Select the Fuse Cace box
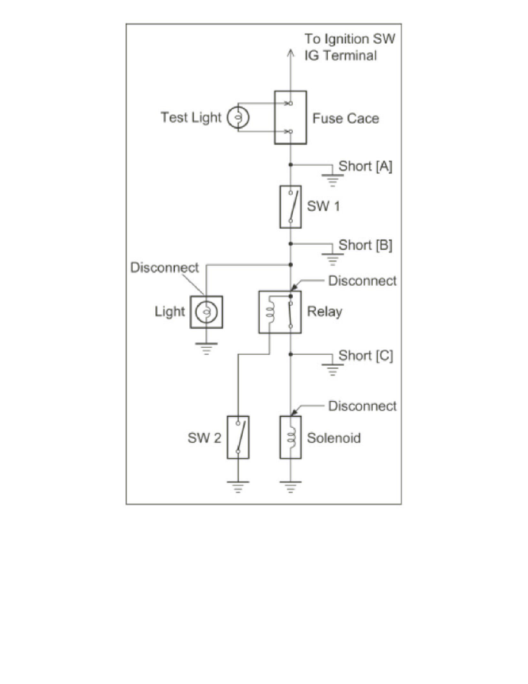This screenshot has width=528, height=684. (290, 118)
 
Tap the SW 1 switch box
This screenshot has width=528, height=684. (290, 207)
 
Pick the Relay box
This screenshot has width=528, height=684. (280, 312)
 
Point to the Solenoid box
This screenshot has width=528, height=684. (290, 437)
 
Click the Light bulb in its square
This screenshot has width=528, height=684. (206, 312)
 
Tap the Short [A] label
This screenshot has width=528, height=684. (365, 166)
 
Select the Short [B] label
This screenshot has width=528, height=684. (365, 245)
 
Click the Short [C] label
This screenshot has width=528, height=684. (366, 356)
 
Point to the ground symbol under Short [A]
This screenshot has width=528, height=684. (332, 179)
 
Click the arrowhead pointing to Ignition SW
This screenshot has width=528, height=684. (290, 52)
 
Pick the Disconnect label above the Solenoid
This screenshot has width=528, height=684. (362, 406)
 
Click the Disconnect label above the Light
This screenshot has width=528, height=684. (164, 268)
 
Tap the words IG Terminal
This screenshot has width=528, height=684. (341, 56)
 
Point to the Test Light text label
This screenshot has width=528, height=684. (190, 118)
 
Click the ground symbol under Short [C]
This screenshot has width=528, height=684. (332, 368)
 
